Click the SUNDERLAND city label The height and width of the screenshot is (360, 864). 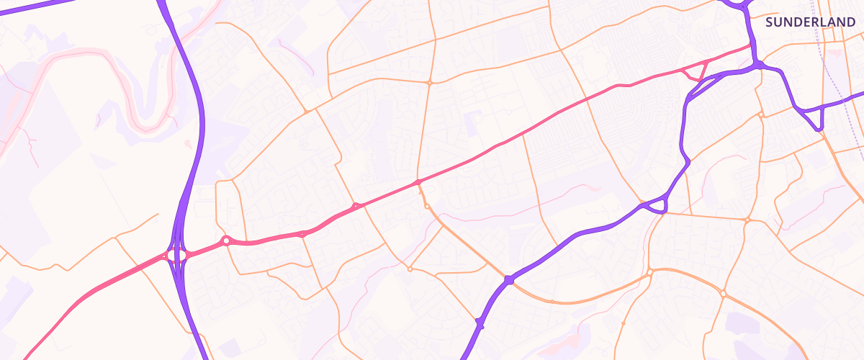[x=810, y=22]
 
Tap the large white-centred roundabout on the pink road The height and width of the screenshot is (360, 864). [x=226, y=240]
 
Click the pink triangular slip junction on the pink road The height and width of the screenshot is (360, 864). [x=696, y=72]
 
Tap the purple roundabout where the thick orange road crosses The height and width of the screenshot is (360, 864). [x=509, y=279]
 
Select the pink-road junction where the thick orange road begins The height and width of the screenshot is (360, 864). [x=418, y=182]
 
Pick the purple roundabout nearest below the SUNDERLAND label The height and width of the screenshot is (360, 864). [x=759, y=66]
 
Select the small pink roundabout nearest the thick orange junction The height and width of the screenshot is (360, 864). [x=356, y=207]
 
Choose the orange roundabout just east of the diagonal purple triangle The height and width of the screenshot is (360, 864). [x=749, y=218]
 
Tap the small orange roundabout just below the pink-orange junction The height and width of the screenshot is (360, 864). [x=427, y=207]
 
